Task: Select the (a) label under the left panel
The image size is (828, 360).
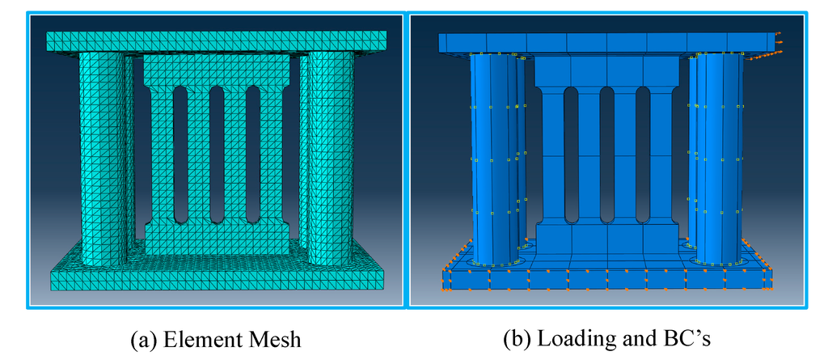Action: [143, 340]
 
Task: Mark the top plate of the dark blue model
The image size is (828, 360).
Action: [606, 42]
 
